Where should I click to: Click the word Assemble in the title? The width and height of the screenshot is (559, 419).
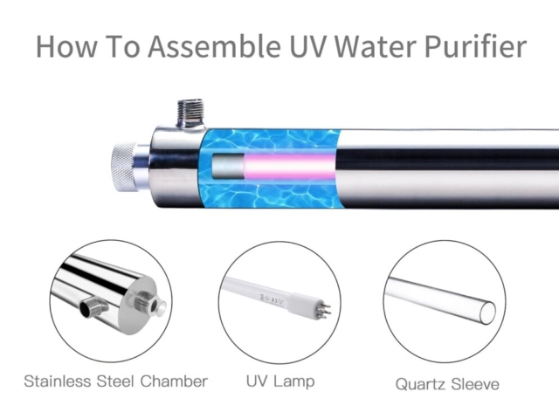click(x=214, y=46)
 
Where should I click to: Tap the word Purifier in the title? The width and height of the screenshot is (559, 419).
click(x=475, y=46)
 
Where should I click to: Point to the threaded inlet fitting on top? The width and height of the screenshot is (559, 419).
click(x=190, y=113)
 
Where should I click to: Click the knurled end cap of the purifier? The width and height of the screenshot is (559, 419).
click(x=123, y=167)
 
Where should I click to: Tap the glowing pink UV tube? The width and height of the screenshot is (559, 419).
click(x=289, y=167)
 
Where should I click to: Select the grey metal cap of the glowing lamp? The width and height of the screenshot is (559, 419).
click(x=228, y=167)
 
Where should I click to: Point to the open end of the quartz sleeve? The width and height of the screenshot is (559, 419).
click(x=487, y=313)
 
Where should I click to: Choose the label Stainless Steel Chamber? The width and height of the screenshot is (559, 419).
click(x=116, y=381)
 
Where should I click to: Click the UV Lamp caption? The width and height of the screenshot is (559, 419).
click(x=280, y=381)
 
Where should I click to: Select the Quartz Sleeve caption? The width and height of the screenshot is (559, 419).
click(x=447, y=384)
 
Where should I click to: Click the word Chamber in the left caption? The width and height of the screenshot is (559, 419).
click(x=174, y=381)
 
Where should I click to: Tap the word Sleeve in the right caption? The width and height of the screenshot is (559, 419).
click(x=475, y=384)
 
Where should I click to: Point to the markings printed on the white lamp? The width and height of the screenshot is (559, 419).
click(x=270, y=299)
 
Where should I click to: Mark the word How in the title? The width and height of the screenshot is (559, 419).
click(x=66, y=46)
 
